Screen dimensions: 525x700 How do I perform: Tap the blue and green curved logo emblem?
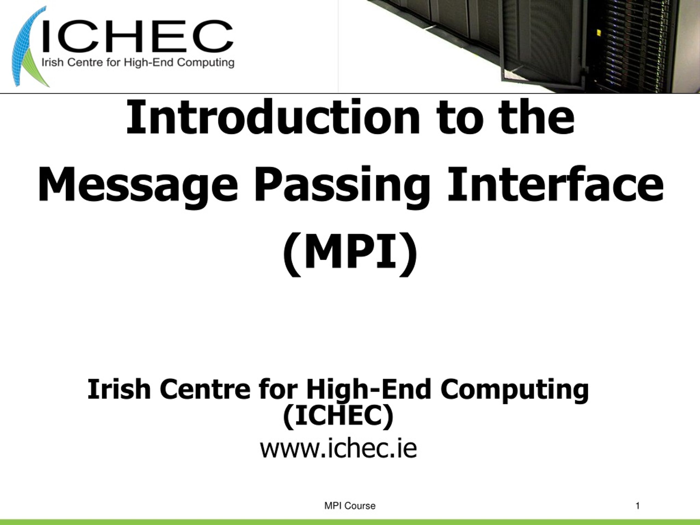click(27, 48)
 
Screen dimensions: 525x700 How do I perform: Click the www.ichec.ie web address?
click(338, 448)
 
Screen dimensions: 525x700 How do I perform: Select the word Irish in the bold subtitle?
click(119, 389)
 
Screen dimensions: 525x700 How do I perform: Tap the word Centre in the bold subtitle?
click(205, 389)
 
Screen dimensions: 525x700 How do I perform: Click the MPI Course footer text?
click(350, 506)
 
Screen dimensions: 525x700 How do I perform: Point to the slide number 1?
click(638, 506)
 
